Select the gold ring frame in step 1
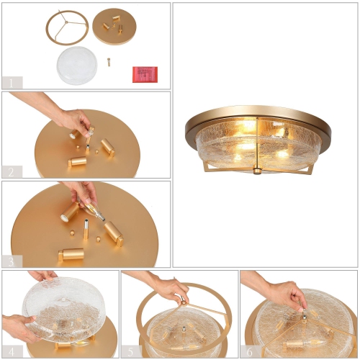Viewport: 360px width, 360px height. (67, 28)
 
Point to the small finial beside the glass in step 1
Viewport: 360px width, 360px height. (109, 62)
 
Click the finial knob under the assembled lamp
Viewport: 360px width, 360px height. (257, 171)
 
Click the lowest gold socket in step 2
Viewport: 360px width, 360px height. (77, 162)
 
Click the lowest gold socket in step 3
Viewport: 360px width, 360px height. (71, 254)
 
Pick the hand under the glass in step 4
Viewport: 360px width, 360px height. (18, 328)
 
